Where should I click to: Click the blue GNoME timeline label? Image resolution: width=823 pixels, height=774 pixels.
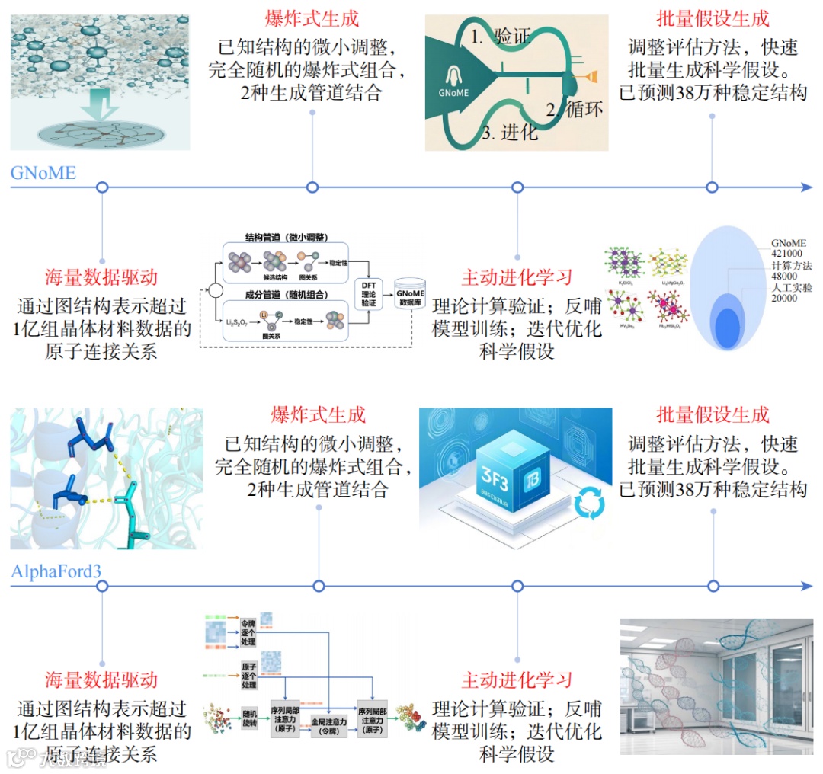[43, 173]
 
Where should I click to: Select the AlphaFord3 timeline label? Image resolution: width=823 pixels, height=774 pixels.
[56, 571]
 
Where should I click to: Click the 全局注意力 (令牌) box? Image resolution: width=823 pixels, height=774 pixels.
[328, 724]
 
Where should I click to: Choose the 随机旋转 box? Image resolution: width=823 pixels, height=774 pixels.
[250, 718]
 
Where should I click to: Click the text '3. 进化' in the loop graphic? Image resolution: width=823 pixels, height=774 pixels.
[510, 133]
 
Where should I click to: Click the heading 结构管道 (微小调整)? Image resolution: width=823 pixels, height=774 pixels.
[287, 238]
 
